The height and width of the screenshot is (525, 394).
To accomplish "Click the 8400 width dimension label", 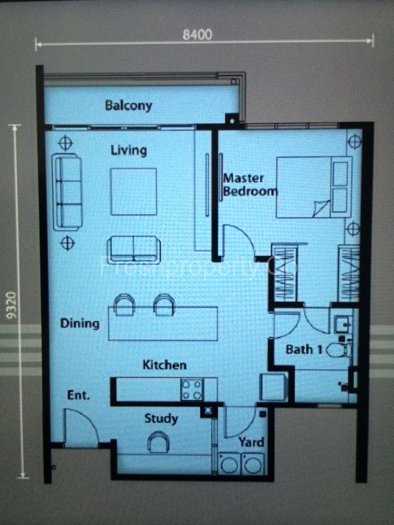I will click(197, 34).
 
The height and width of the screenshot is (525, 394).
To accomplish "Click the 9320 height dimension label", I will click(12, 305).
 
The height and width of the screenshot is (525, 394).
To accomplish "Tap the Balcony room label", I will click(128, 106).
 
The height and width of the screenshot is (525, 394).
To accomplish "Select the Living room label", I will click(129, 150).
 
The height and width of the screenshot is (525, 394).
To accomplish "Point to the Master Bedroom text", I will click(249, 185).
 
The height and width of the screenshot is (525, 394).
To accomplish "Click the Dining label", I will click(80, 323).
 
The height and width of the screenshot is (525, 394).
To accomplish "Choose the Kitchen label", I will click(164, 365).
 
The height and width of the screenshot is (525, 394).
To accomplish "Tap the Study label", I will click(161, 419).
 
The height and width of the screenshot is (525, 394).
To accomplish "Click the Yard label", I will click(251, 442).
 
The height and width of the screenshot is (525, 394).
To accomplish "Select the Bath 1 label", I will click(304, 349).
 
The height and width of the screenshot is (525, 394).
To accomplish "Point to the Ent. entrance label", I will click(78, 395).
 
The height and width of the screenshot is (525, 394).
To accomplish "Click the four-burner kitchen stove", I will click(192, 390).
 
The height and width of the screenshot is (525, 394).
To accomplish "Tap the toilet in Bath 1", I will click(339, 350).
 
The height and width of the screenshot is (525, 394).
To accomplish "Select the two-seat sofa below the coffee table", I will click(134, 248).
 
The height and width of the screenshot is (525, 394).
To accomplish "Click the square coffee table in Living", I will click(134, 191).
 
